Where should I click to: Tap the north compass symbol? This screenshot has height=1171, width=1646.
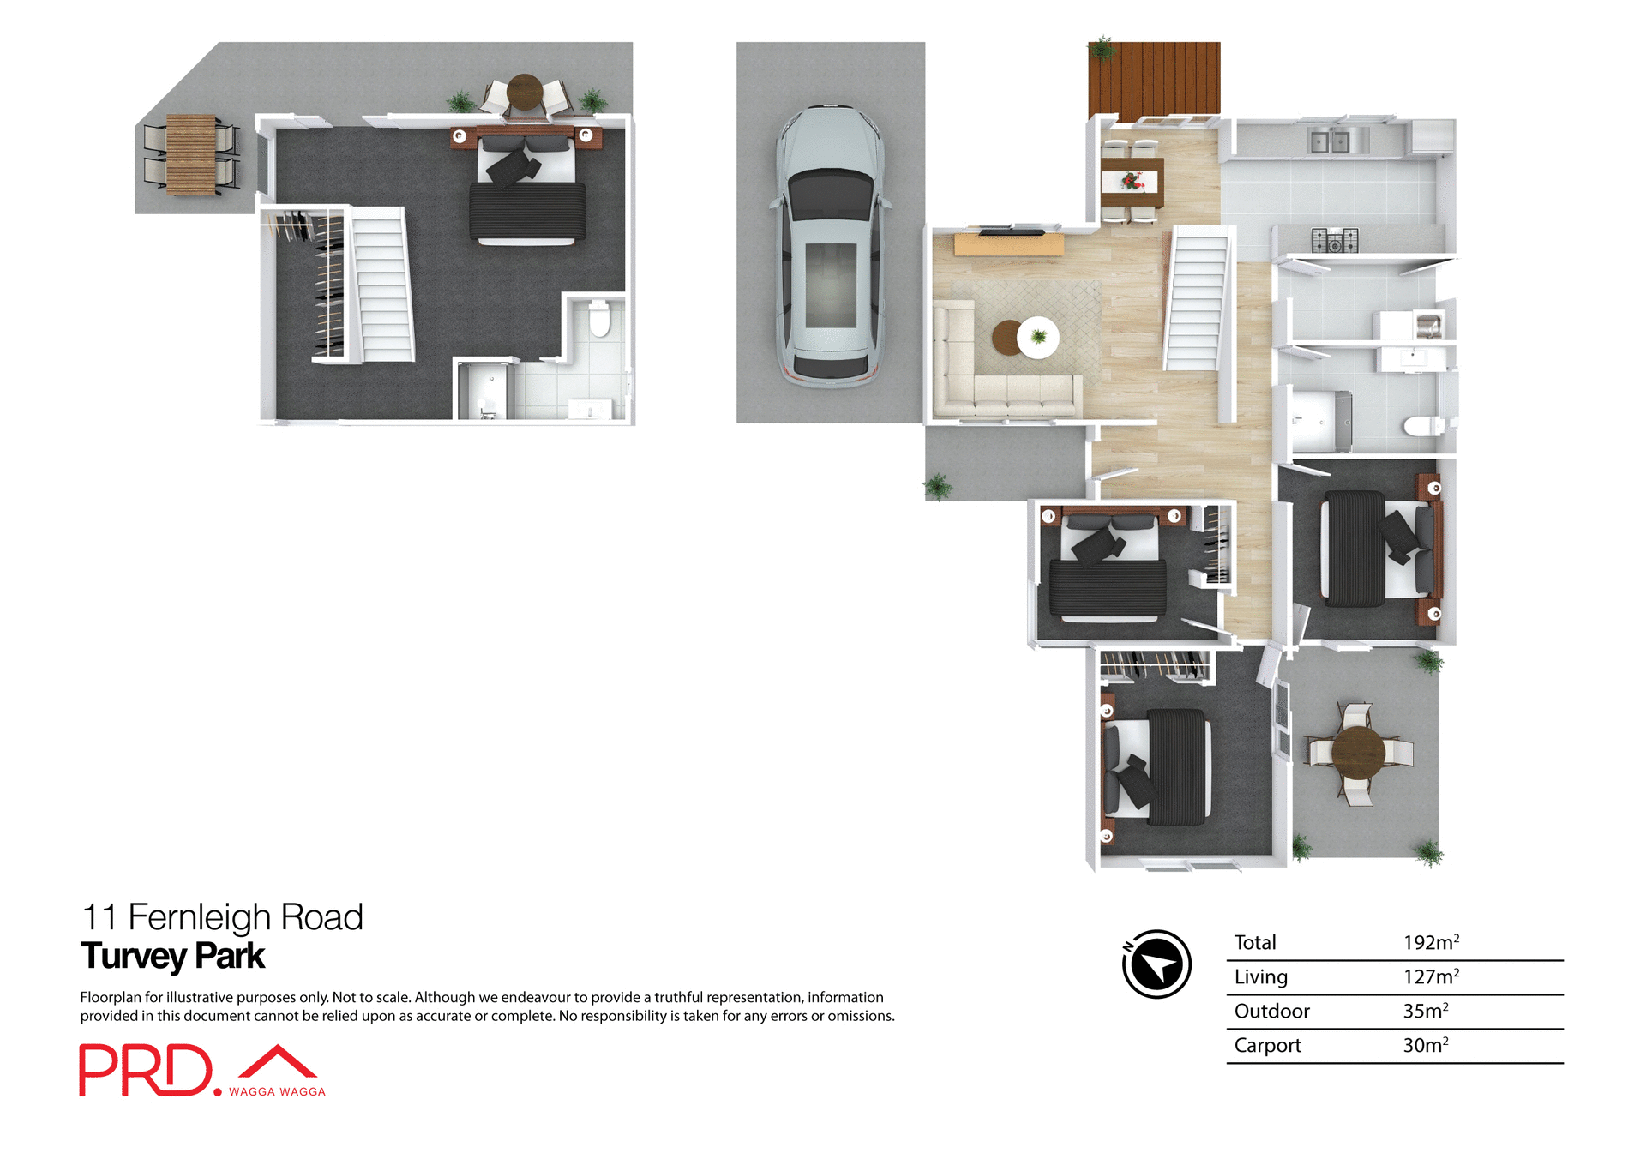click(x=1156, y=964)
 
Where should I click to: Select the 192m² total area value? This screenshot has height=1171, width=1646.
click(x=1430, y=942)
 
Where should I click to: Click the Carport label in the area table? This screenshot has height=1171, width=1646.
click(x=1267, y=1045)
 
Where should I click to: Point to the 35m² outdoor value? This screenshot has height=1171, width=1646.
click(x=1425, y=1011)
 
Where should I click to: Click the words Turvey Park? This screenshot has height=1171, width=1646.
click(x=172, y=956)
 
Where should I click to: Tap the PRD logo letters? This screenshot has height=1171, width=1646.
click(x=145, y=1070)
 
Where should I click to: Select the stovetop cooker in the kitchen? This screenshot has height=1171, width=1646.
click(x=1334, y=240)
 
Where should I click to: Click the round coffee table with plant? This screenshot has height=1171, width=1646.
click(x=1036, y=337)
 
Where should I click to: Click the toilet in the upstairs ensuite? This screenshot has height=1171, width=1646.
click(x=599, y=320)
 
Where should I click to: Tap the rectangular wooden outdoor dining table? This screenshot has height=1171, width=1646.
click(x=190, y=154)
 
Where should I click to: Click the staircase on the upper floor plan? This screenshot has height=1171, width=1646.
click(x=382, y=285)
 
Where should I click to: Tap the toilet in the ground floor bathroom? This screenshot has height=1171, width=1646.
click(x=1425, y=425)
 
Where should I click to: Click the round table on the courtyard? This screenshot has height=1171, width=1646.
click(x=1357, y=752)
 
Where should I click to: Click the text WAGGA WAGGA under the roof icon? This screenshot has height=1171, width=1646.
click(x=277, y=1091)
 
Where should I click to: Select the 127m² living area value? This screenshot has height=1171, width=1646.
click(x=1430, y=976)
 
